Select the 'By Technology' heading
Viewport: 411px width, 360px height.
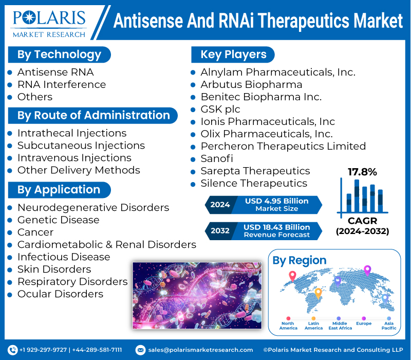click(59, 55)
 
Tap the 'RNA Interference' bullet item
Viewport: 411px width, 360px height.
click(61, 84)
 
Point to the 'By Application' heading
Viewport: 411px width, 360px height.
click(59, 190)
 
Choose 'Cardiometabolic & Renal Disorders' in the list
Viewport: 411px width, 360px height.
click(106, 244)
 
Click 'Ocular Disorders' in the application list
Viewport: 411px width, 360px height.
click(60, 294)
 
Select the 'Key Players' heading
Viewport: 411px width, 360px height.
click(233, 55)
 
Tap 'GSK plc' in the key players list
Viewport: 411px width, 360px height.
click(220, 109)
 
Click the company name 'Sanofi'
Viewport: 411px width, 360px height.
click(216, 158)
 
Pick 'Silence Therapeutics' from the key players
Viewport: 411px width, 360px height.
click(254, 183)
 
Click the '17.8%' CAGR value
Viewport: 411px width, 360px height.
click(362, 172)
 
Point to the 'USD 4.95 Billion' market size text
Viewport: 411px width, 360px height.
click(276, 201)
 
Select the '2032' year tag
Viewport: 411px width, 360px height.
click(220, 230)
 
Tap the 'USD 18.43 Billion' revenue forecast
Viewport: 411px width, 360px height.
click(276, 227)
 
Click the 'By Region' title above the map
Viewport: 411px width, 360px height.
click(299, 261)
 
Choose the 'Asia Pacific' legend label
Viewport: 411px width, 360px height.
click(388, 325)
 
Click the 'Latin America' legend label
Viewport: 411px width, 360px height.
click(313, 325)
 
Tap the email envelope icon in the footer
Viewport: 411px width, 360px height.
click(140, 350)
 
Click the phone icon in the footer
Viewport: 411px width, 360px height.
click(13, 350)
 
